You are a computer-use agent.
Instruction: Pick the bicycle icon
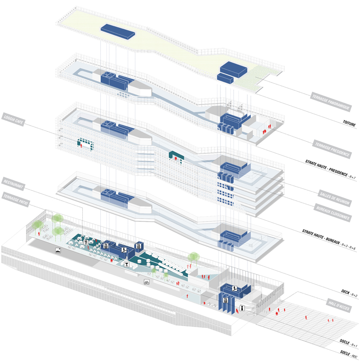(x=146, y=282)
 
